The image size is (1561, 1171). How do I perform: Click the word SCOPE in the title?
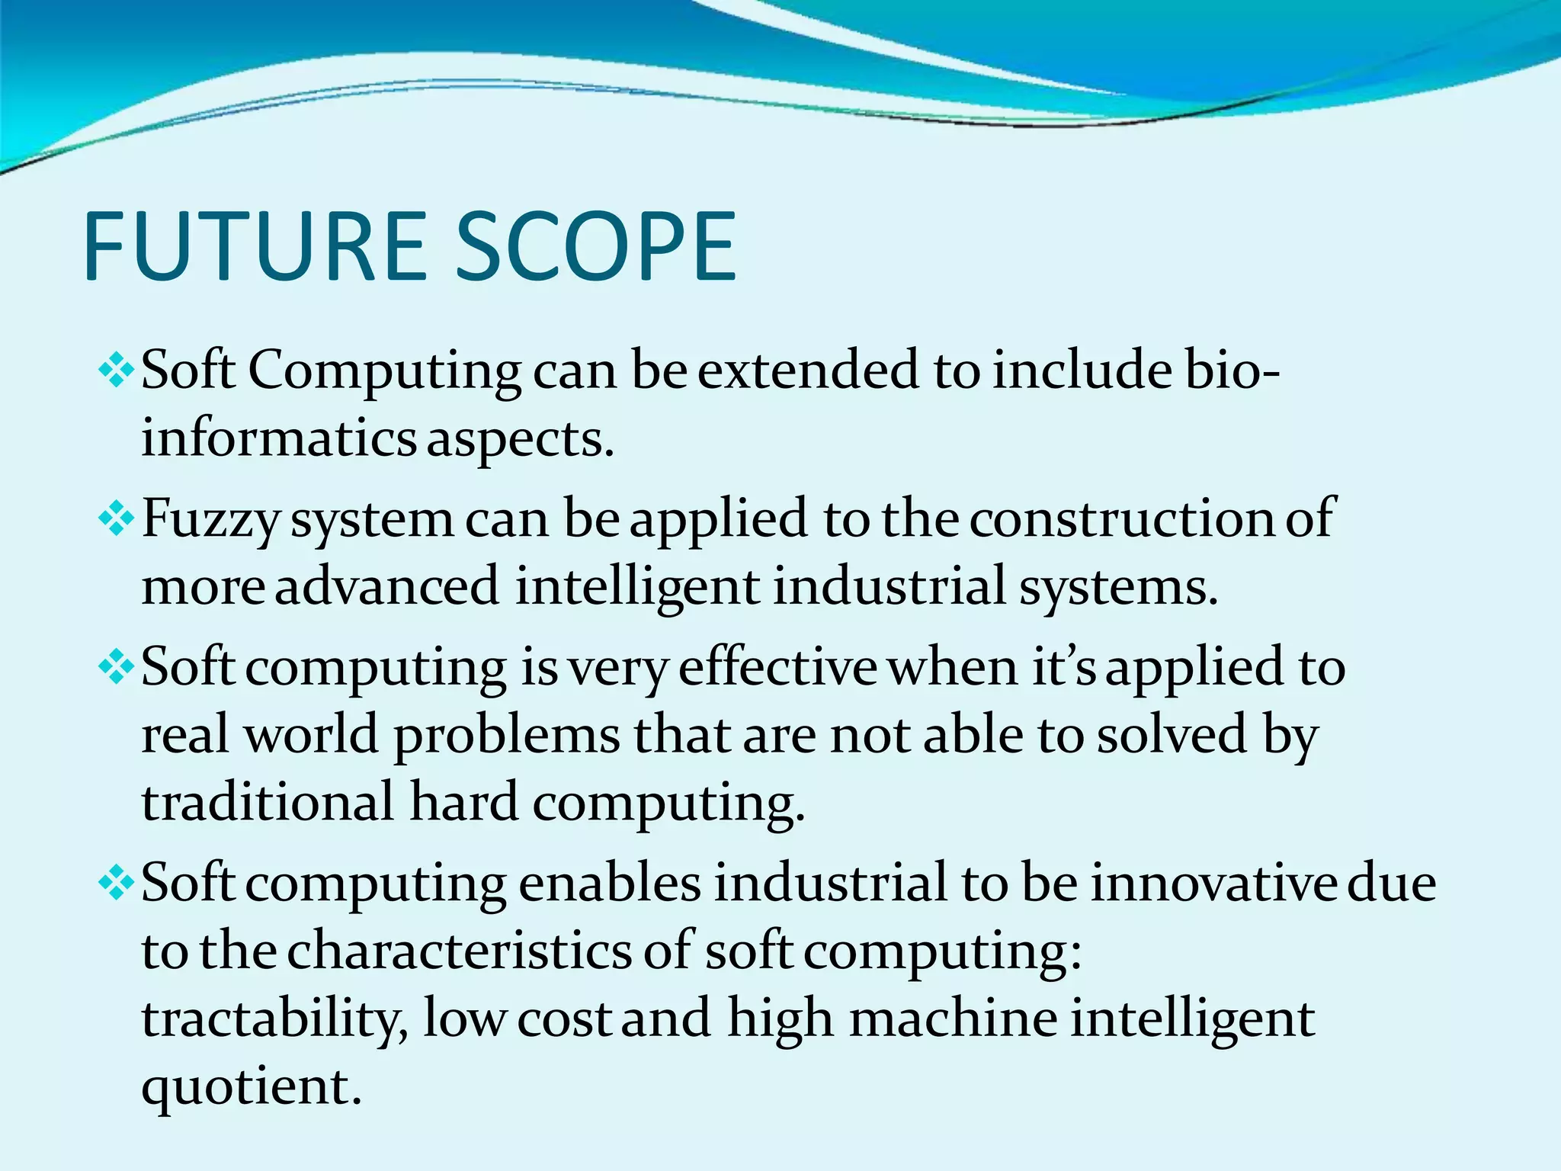click(595, 246)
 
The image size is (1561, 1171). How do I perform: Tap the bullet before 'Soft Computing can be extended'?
click(117, 371)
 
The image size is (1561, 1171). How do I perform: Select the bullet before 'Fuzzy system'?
click(117, 520)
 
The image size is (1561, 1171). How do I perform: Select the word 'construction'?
click(1121, 519)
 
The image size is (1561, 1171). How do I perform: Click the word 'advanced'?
click(386, 587)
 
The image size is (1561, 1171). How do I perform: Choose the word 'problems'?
click(506, 736)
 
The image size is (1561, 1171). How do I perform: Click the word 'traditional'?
click(268, 803)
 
